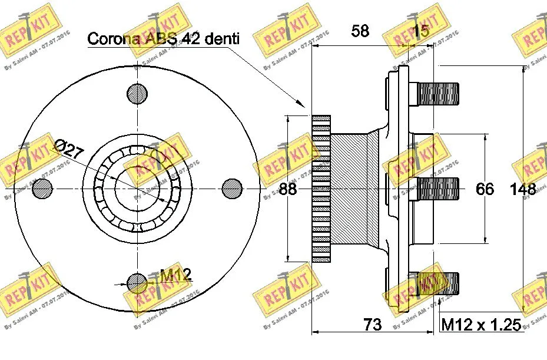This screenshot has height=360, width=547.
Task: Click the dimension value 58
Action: click(x=360, y=31)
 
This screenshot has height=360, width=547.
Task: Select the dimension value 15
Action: click(x=420, y=32)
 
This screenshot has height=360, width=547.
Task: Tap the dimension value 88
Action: click(x=288, y=189)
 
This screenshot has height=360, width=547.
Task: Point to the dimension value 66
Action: click(x=485, y=189)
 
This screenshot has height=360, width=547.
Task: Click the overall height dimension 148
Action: click(x=523, y=189)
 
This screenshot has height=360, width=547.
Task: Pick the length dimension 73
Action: click(x=372, y=324)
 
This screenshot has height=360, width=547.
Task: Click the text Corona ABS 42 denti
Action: click(x=163, y=39)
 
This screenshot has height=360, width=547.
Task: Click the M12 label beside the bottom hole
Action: click(x=175, y=275)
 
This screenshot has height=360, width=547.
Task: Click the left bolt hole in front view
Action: click(x=42, y=188)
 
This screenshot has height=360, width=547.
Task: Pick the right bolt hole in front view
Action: click(x=233, y=188)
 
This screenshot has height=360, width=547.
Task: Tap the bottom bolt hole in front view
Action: click(x=137, y=283)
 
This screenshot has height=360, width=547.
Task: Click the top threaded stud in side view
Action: click(x=437, y=93)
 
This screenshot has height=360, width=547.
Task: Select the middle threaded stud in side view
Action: click(x=437, y=189)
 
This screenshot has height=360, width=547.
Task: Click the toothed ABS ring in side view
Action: click(x=321, y=189)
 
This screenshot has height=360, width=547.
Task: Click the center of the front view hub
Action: click(x=137, y=189)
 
